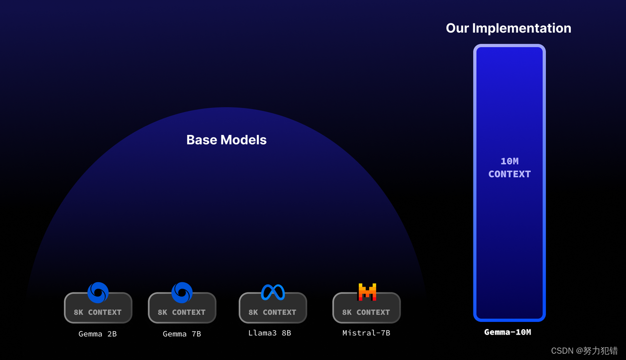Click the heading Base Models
pos(226,140)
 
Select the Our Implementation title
pos(508,28)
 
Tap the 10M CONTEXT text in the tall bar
pos(510,168)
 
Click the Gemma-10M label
pos(508,332)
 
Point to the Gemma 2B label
pos(98,334)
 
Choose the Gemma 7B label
pos(182,334)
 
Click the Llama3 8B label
pos(269,333)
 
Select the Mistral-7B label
pos(366,333)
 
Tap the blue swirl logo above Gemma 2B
pos(98,292)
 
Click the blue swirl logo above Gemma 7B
pos(182,292)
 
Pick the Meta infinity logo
pos(273,292)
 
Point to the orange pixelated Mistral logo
pos(367,292)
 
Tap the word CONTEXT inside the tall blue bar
pos(510,174)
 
